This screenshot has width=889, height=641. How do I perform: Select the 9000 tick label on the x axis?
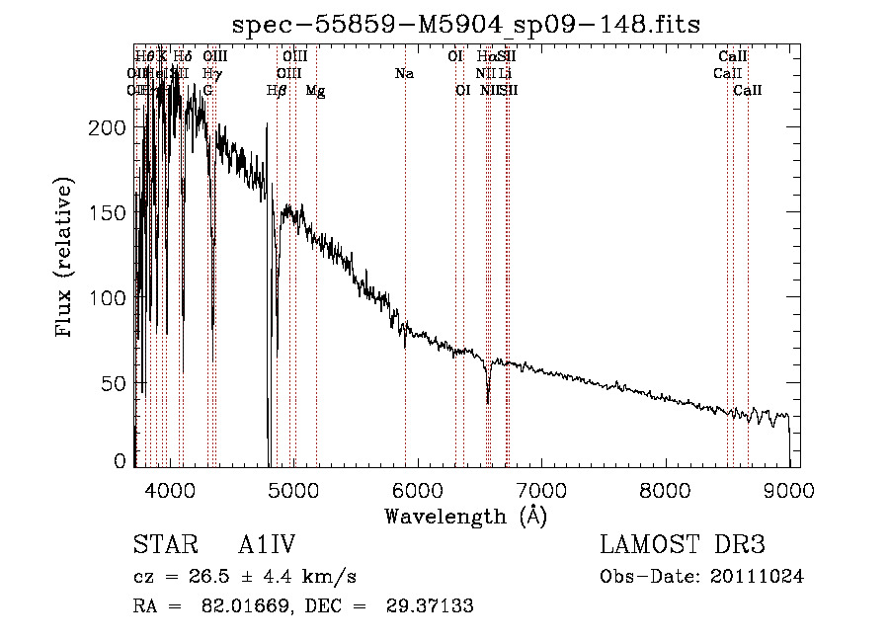[x=789, y=488]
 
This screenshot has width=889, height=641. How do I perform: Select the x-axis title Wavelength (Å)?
[x=465, y=516]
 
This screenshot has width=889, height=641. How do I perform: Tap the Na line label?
[x=404, y=74]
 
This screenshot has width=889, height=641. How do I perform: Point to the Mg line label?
[x=315, y=90]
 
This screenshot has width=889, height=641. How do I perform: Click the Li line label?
[x=505, y=74]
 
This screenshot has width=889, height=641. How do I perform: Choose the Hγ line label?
[x=210, y=74]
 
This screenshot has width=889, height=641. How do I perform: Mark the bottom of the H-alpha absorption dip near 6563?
[x=488, y=401]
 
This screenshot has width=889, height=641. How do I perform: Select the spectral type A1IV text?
[x=268, y=546]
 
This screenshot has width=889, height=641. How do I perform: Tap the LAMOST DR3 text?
[x=683, y=546]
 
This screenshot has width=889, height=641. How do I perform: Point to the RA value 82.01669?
[x=233, y=606]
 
